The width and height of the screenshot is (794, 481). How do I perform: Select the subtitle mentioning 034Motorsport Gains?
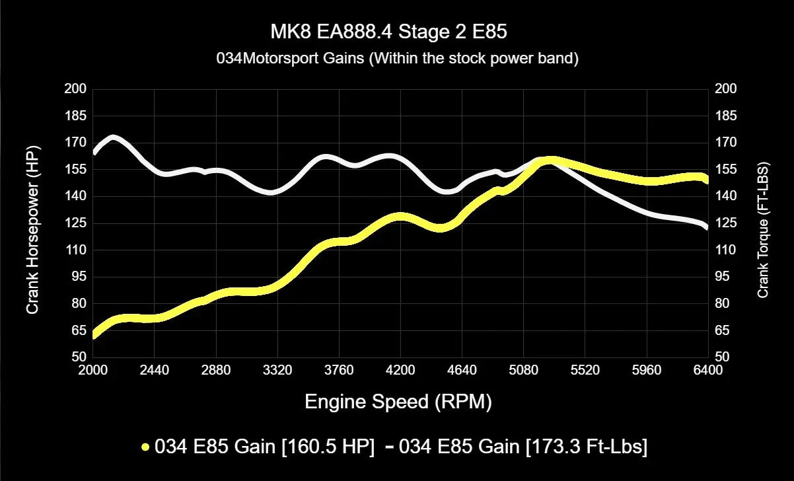397,59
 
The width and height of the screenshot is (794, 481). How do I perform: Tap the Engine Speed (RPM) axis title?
398,402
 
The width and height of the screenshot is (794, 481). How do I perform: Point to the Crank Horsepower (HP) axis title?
32,223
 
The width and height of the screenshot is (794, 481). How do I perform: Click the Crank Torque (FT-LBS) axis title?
763,229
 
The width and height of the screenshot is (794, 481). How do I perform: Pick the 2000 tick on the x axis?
92,370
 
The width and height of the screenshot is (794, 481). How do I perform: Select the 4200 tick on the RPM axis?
400,370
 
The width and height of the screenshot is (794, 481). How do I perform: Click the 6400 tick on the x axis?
707,370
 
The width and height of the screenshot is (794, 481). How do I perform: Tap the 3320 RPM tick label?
277,370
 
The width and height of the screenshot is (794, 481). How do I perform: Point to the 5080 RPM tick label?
523,370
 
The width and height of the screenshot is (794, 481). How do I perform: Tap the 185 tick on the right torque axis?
725,116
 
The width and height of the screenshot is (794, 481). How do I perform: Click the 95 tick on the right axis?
723,277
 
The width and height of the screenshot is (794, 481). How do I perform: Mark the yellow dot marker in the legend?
145,447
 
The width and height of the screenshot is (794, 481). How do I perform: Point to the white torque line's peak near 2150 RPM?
114,139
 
